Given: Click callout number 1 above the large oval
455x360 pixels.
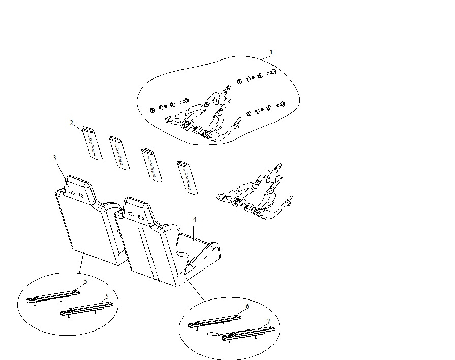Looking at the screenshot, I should pos(271,52).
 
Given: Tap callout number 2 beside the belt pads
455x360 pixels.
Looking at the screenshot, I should pos(72,122).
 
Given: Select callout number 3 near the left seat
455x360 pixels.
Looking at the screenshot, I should pos(54,158).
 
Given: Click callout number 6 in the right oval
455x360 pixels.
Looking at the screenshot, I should pos(247,307).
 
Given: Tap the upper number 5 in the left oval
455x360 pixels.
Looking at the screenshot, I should pos(86,280).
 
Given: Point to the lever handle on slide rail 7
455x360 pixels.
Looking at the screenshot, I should pos(214,334).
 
